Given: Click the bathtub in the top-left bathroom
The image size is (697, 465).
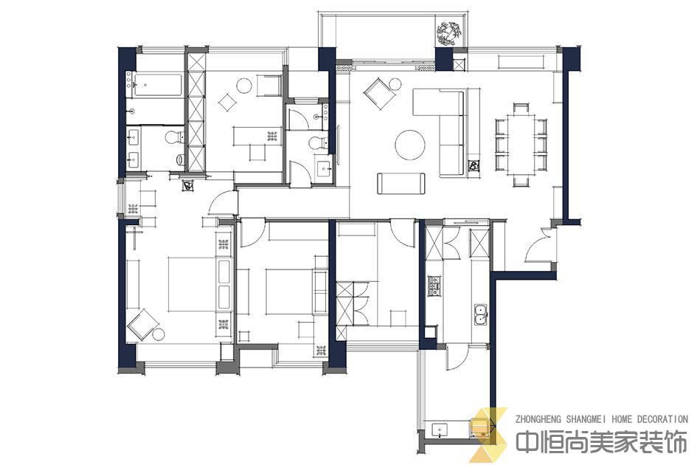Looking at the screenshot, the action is tap(159, 86).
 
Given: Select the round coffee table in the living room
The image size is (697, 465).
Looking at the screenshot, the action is tap(410, 145).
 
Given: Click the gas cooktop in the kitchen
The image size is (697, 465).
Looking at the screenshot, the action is tap(434, 286).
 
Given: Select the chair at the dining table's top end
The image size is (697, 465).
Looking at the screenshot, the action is tap(521, 108).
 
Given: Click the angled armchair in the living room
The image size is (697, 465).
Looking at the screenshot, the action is tap(378, 93).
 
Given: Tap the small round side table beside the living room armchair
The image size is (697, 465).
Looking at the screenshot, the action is tap(395, 83).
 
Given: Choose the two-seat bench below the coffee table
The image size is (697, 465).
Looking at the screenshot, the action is tap(401, 183).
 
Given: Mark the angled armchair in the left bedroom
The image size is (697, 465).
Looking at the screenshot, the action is tap(142, 325).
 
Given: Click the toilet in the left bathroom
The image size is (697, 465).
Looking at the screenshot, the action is tap(174, 137).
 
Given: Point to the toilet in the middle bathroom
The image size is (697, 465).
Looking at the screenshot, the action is tap(317, 143).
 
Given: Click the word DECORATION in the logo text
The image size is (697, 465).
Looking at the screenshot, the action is tap(662, 419).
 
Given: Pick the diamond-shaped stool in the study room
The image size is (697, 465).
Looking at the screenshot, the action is tap(228, 103).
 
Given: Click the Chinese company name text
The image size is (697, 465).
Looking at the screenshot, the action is tap(601, 443).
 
